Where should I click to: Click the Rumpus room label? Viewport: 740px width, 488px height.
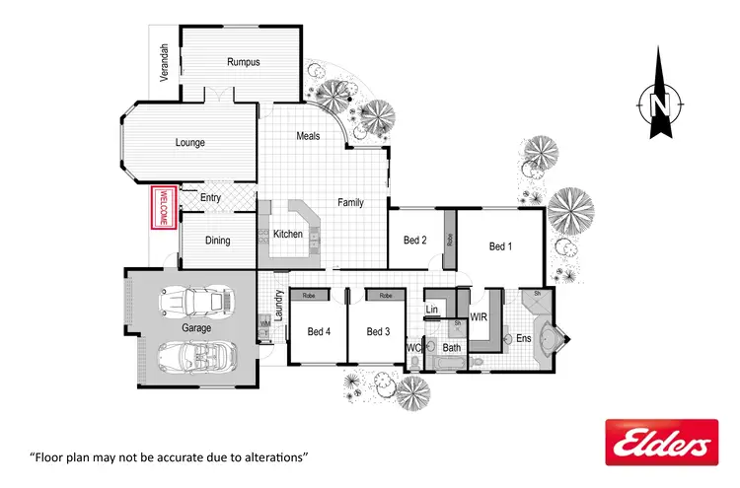pos(243,62)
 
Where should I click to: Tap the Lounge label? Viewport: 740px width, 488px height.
pos(190,143)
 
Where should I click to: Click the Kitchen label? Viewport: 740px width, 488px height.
pos(287,235)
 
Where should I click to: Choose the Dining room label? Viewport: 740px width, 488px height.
pos(217,241)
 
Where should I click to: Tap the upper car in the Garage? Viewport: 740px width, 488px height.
pos(195,302)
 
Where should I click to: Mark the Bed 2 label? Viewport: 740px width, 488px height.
pos(415,240)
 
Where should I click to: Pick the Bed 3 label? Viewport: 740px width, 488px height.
pos(379,331)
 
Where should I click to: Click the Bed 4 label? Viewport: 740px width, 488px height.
pos(319,331)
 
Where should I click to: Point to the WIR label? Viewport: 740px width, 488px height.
pos(479,317)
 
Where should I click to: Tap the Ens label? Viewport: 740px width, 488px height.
pos(523,338)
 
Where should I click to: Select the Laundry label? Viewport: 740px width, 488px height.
pos(280,306)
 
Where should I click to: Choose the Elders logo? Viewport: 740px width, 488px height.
pos(661,442)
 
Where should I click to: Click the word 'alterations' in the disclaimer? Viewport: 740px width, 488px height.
pos(274,457)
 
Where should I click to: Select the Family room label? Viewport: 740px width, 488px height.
pos(350,202)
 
